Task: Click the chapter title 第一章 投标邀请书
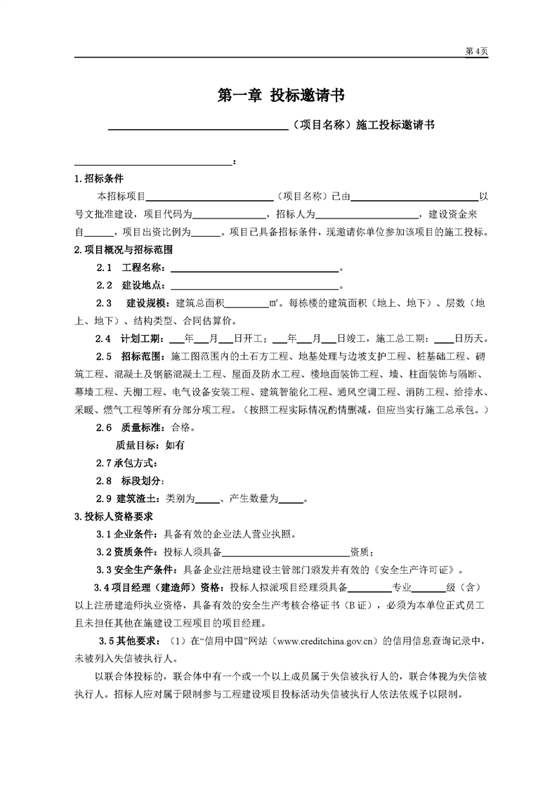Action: click(278, 96)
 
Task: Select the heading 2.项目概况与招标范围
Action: click(124, 249)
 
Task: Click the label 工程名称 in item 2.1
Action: click(143, 268)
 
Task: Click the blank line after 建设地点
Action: click(254, 286)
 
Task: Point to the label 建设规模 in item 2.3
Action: click(148, 303)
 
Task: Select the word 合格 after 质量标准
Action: click(176, 426)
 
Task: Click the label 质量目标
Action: click(138, 444)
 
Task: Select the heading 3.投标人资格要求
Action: click(114, 517)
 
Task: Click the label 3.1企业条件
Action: click(129, 534)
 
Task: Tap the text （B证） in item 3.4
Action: click(357, 605)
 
